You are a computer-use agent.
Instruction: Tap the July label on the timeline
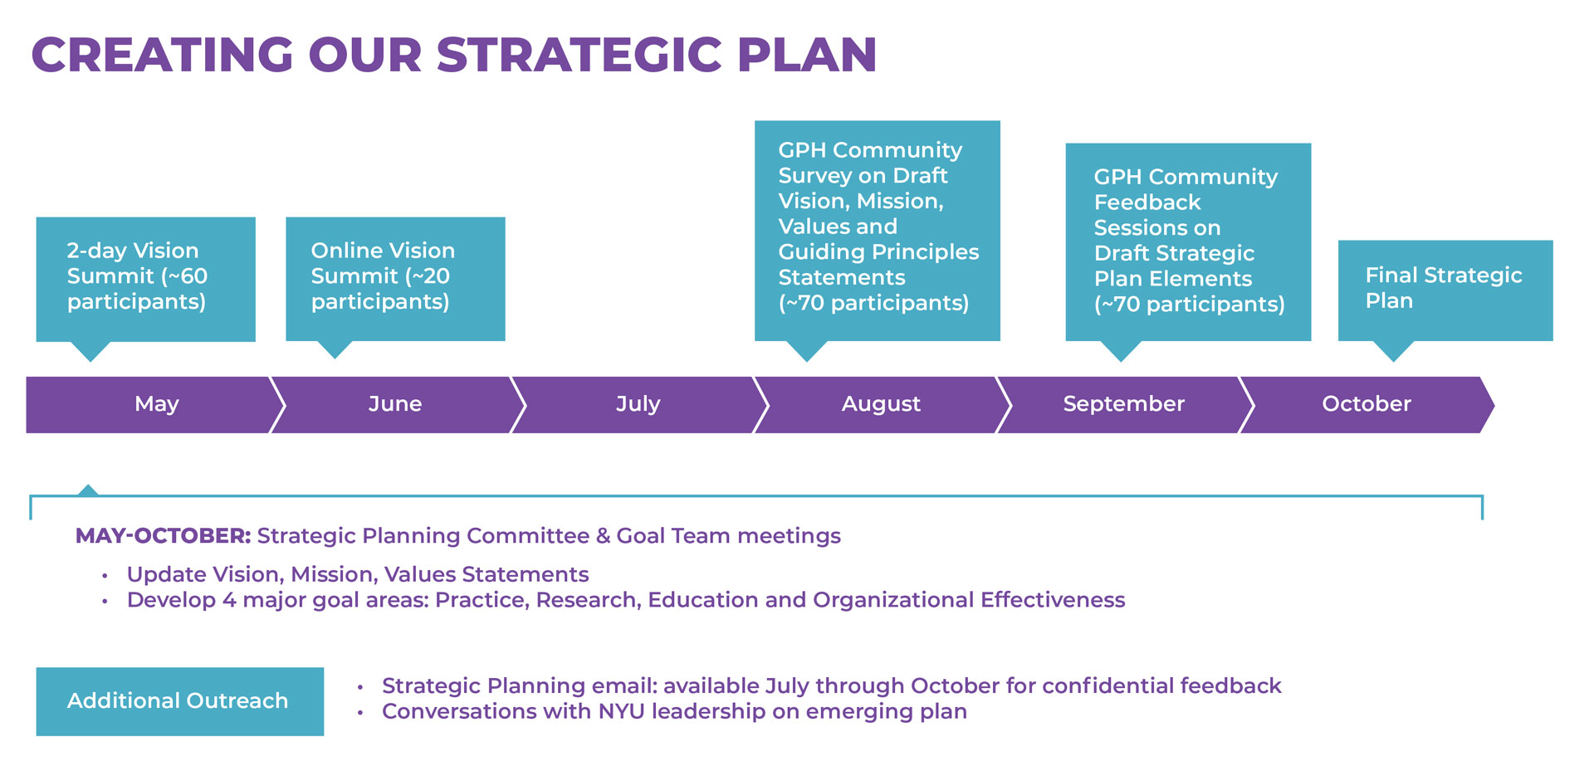pos(638,404)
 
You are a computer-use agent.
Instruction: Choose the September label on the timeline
pos(1123,404)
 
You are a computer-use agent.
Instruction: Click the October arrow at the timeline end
pos(1367,404)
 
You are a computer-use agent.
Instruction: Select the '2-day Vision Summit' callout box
pos(146,280)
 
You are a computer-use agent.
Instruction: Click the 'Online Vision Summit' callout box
pos(395,279)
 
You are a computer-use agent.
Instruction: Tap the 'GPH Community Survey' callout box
pos(878,231)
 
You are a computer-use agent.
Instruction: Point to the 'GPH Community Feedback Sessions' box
pos(1188,242)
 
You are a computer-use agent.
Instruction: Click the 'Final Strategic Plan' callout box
pos(1445,290)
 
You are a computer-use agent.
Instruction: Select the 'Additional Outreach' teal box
pos(180,701)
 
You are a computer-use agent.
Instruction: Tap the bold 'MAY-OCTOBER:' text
pos(163,536)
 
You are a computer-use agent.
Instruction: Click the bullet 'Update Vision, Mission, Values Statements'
pos(358,574)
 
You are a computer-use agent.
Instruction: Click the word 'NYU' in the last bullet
pos(622,711)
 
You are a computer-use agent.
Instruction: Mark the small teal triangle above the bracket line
pos(88,490)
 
